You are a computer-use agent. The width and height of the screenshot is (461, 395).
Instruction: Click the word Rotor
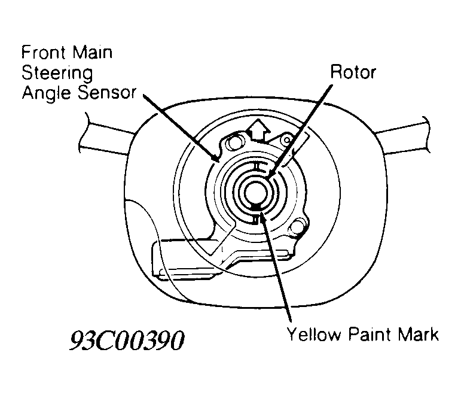coord(353,72)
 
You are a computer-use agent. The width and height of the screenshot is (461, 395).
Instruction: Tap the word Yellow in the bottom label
coord(314,335)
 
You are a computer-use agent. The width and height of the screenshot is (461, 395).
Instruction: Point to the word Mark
coord(419,335)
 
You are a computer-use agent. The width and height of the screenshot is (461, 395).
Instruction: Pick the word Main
coord(93,53)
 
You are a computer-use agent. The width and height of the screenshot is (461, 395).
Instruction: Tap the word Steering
coord(57,74)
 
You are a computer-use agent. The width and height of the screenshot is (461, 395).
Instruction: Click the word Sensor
coord(107,92)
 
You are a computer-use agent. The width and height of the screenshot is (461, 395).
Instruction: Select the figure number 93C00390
coord(127,341)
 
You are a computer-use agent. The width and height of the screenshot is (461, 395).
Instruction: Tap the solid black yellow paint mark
coord(256,207)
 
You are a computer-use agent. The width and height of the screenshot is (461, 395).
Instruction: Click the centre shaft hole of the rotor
coord(256,193)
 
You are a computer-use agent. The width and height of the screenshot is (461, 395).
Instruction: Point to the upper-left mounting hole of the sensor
coord(235,143)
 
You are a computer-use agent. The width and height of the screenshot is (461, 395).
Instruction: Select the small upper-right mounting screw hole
coord(286,141)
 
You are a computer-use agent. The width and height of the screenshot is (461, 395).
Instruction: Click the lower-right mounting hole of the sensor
coord(297,226)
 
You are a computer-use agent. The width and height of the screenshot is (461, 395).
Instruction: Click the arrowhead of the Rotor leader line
coord(270,173)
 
